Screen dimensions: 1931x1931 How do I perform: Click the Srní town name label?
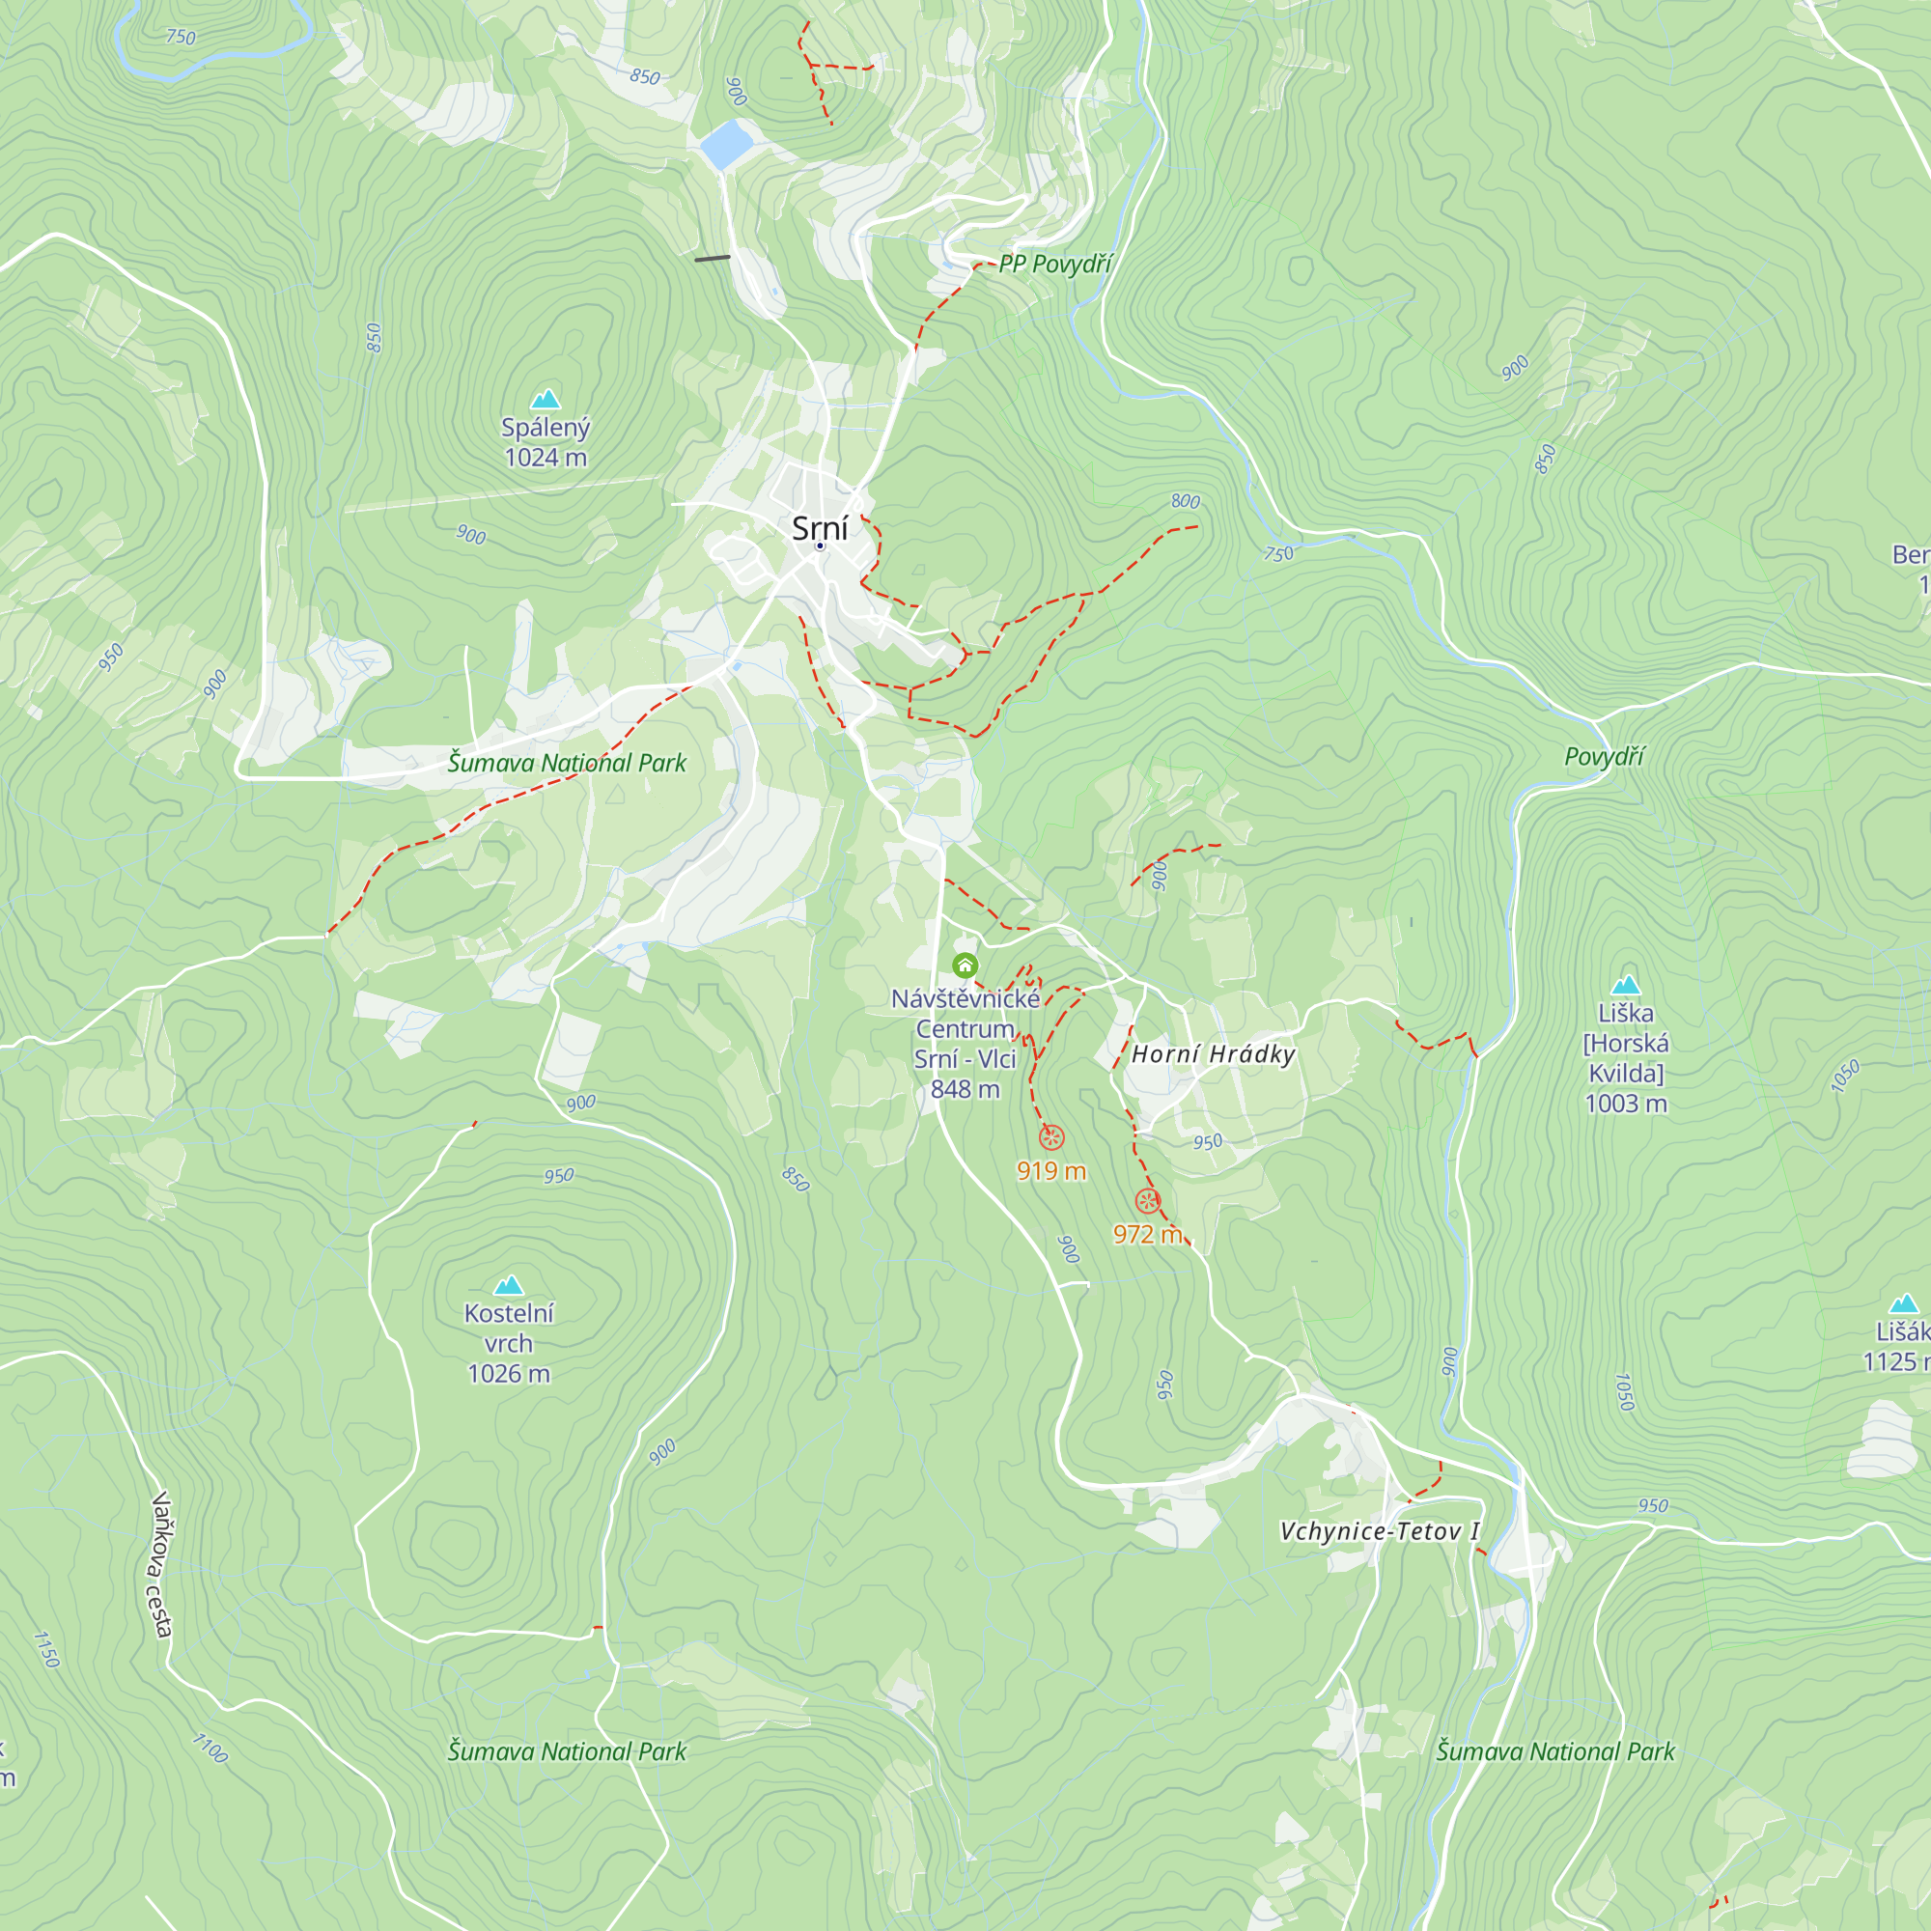(820, 528)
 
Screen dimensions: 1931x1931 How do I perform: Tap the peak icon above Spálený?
(545, 400)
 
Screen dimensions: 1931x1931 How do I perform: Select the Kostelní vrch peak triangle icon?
(509, 1285)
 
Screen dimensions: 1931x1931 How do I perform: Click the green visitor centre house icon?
(965, 965)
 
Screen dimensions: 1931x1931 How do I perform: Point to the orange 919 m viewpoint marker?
(1051, 1137)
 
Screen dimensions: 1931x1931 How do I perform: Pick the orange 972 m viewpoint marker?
(1147, 1201)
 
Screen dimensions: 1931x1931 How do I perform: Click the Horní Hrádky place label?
(1214, 1054)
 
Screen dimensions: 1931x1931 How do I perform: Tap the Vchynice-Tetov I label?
(1380, 1531)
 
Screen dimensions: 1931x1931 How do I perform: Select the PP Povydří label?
(1055, 264)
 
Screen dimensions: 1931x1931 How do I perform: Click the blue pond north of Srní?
(727, 145)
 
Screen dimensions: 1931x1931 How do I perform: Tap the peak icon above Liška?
(1626, 985)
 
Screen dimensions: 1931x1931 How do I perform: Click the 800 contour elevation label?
(1186, 501)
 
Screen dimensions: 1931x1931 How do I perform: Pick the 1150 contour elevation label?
(47, 1649)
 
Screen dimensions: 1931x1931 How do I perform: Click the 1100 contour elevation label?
(210, 1749)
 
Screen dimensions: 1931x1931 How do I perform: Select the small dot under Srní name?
(820, 546)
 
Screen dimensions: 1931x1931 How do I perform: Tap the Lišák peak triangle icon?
(1903, 1303)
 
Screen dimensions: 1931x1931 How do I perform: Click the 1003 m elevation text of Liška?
(1626, 1104)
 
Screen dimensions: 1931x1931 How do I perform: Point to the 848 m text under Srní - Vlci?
(965, 1089)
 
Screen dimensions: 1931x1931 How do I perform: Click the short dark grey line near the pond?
(713, 258)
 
